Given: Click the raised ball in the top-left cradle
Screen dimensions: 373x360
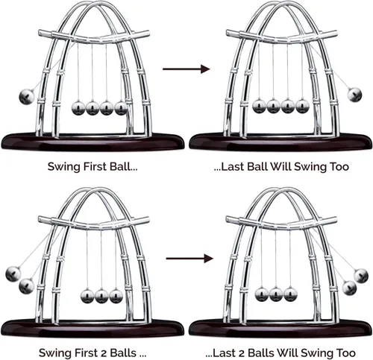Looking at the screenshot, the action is [26, 96].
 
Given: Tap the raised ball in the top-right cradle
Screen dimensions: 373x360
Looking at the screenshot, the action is [354, 95].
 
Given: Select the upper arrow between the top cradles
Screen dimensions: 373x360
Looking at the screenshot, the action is [186, 69].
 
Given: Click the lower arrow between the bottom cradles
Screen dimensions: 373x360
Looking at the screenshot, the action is [189, 259].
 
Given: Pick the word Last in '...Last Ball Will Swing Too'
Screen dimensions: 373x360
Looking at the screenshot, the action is [232, 166].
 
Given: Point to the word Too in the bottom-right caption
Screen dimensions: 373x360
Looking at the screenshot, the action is [346, 353].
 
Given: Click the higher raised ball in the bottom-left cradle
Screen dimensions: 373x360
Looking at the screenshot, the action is [13, 274].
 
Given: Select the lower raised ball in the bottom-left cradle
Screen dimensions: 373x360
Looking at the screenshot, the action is [27, 286].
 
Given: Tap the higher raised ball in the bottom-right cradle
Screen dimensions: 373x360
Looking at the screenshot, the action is [361, 275].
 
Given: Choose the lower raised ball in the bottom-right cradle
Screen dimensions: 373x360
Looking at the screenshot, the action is [349, 288].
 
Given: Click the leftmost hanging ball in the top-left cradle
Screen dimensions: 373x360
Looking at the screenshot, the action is [78, 108].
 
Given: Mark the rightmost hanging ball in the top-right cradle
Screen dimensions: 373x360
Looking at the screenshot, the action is [302, 107].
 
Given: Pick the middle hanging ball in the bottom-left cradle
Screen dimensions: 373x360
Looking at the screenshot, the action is [101, 296].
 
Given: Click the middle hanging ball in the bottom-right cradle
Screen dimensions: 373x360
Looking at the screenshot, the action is [276, 294].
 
